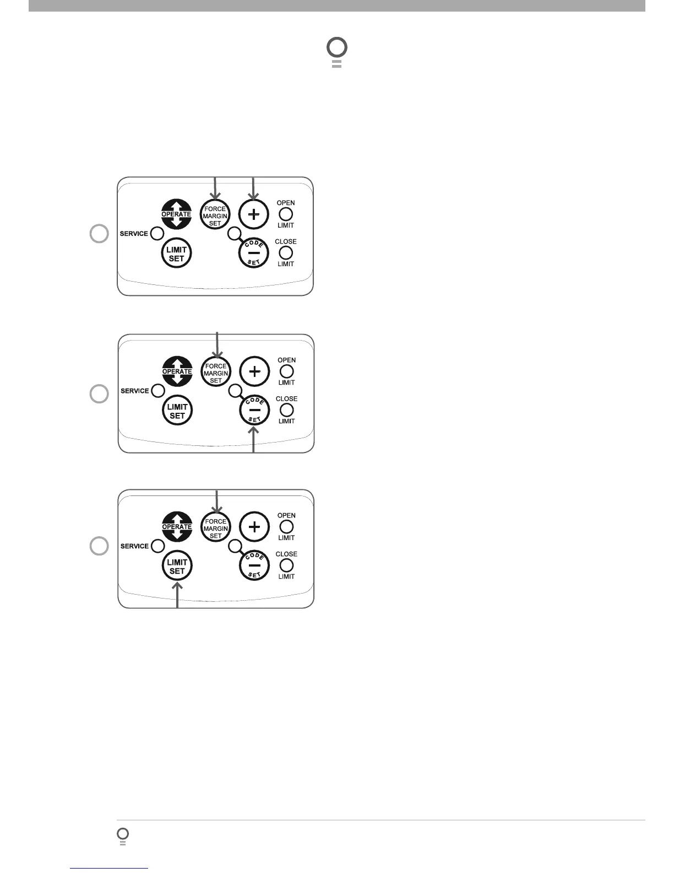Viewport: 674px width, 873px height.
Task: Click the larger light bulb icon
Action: (336, 51)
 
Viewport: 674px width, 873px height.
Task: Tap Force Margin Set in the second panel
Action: (216, 373)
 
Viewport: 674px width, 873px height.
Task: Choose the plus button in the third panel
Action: (254, 527)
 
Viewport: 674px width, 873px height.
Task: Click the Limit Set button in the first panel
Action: (176, 254)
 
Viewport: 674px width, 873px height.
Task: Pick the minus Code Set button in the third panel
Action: (254, 565)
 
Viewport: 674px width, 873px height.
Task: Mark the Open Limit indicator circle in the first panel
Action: (286, 214)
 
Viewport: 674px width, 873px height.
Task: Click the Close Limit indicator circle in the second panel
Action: (287, 410)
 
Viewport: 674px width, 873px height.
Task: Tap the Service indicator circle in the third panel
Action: (157, 546)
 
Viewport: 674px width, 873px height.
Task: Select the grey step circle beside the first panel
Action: (99, 234)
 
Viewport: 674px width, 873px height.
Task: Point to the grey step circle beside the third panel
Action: (99, 546)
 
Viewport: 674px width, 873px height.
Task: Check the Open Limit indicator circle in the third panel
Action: (287, 527)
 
